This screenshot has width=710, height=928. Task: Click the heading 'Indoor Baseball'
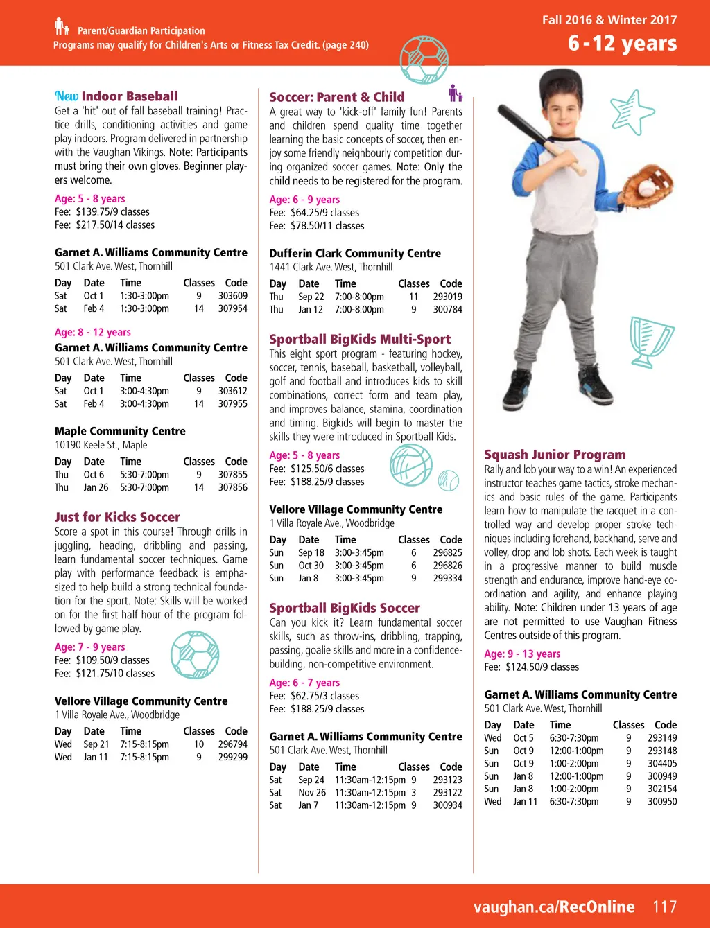pos(129,96)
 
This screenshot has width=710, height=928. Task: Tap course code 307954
pos(233,308)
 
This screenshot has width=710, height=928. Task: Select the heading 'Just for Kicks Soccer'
pos(117,517)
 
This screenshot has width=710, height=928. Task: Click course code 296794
pos(233,744)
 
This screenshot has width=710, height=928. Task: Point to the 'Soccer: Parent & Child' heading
pos(337,97)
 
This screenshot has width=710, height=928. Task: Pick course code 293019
pos(448,297)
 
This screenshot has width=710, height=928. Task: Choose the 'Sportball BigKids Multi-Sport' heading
pos(360,340)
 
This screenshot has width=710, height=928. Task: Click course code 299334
pos(448,578)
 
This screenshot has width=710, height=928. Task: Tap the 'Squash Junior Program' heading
pos(555,455)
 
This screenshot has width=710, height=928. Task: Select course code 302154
pos(662,789)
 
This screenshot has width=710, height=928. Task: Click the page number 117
pos(664,907)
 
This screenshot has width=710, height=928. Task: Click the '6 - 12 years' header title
pos(622,43)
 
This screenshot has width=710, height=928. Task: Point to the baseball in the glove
pos(646,188)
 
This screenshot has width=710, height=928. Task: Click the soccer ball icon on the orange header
pos(424,60)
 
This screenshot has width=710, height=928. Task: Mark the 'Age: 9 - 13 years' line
pos(522,654)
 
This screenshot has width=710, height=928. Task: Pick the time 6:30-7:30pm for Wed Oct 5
pos(574,738)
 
